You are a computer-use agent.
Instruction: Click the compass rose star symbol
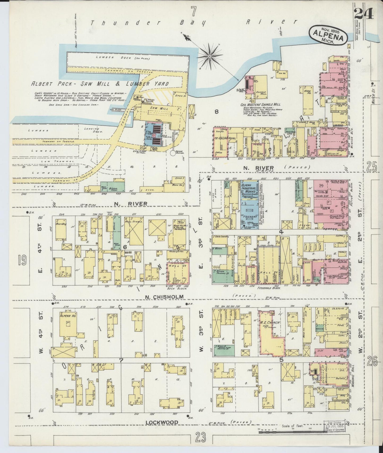(x=209, y=56)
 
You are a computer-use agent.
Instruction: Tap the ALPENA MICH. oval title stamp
(x=328, y=36)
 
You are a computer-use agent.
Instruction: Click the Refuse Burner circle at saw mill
(x=173, y=153)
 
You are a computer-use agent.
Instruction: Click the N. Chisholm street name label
(x=164, y=297)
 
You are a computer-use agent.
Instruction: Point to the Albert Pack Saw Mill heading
(x=100, y=84)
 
